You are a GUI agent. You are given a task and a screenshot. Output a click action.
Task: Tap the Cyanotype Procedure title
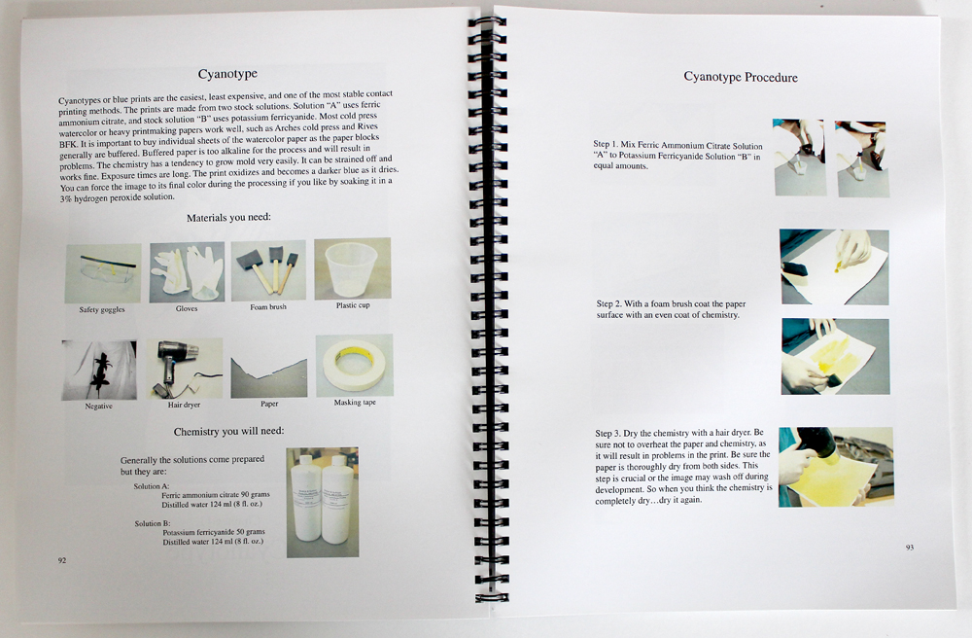[x=740, y=77]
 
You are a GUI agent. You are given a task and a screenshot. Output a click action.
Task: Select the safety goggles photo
[x=103, y=273]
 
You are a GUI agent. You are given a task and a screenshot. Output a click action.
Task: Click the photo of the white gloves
[x=187, y=272]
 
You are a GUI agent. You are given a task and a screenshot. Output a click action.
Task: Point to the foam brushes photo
[x=268, y=270]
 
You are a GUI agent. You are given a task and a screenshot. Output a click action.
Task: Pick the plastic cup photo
[x=353, y=268]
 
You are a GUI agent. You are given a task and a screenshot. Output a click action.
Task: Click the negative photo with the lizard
[x=99, y=371]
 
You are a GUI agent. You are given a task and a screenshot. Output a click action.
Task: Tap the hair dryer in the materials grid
[x=185, y=369]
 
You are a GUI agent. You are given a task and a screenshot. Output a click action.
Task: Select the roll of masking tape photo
[x=355, y=365]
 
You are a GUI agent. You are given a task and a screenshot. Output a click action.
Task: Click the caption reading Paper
[x=269, y=404]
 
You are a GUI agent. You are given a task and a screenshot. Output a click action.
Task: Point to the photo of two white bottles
[x=323, y=502]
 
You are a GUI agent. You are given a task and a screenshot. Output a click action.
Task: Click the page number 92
[x=62, y=560]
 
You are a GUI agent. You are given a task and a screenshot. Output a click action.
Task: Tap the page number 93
[x=910, y=547]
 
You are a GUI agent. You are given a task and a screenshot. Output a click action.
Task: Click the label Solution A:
[x=152, y=486]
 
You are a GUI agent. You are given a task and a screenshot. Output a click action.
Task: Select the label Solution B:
[x=153, y=523]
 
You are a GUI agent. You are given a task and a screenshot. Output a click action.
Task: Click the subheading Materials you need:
[x=228, y=218]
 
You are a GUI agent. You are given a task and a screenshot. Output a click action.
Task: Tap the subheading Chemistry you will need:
[x=228, y=431]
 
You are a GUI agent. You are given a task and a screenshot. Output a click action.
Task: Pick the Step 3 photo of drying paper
[x=836, y=467]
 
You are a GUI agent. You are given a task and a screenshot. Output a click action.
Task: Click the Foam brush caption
[x=268, y=307]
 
